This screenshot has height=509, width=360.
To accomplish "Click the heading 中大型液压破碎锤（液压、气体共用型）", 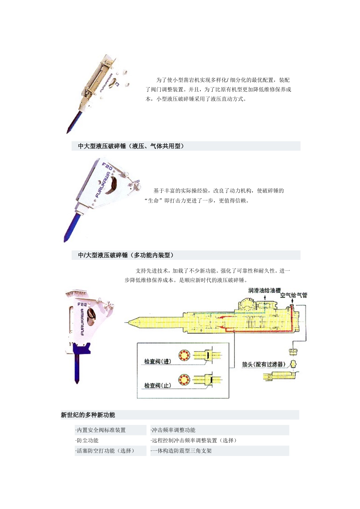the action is pos(131,146).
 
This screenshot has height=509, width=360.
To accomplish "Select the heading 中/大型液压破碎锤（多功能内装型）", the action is pos(126,255).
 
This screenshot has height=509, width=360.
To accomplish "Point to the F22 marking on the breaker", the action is pos(82,304).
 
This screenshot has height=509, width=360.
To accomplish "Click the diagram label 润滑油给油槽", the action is pos(265,290).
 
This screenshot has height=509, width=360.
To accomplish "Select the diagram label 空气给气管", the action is pos(294,295).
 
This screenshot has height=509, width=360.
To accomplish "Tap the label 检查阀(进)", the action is pos(158,361).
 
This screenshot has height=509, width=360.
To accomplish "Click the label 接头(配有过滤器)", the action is pos(264,364).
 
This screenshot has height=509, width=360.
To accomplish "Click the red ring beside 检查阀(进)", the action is pos(184,355).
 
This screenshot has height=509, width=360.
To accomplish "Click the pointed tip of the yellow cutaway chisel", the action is pos(128,322).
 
